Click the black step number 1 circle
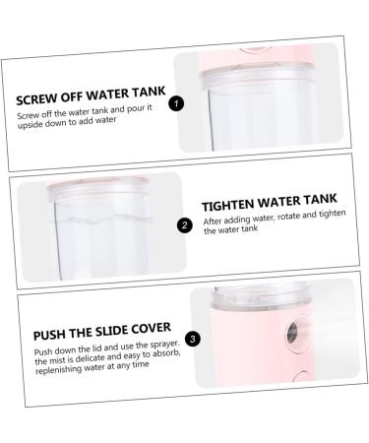[175, 101]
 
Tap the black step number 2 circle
[186, 223]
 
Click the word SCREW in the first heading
[40, 98]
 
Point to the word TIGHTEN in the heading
[232, 207]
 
